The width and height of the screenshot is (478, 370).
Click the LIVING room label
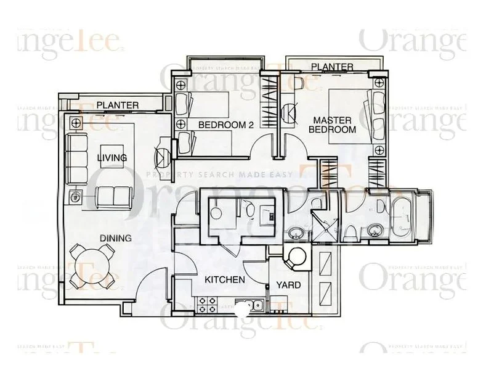click(112, 158)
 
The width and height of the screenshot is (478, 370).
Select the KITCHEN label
click(225, 280)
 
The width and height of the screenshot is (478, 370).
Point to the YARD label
click(288, 285)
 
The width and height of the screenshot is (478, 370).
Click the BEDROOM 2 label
click(226, 125)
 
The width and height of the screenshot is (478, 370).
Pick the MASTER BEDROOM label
click(332, 125)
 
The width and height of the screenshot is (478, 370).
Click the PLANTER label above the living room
click(118, 105)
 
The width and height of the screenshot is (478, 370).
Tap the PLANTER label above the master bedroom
click(332, 67)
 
